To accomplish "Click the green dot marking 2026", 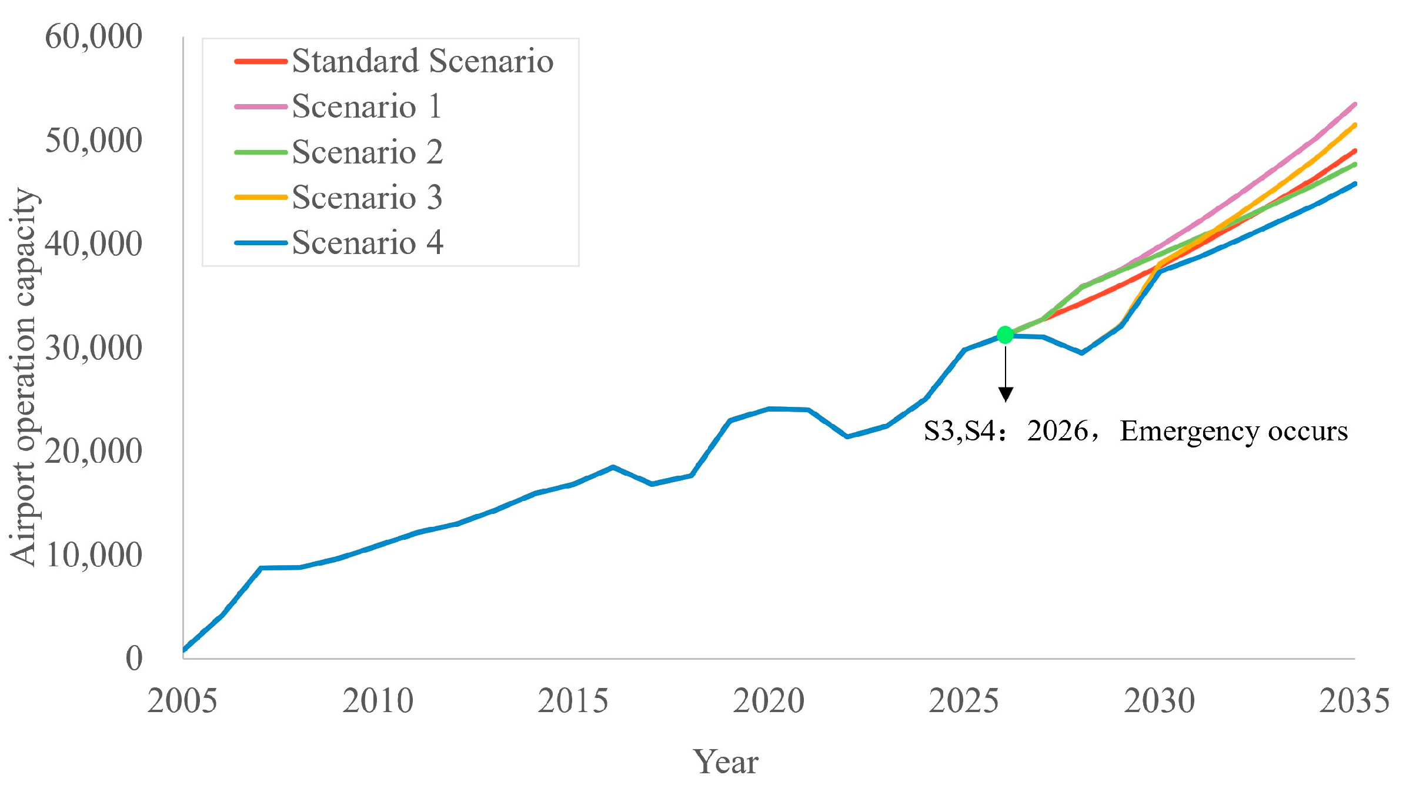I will coord(1006,335).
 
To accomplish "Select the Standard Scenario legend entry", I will coord(422,61).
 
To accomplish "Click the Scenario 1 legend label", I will coord(366,106).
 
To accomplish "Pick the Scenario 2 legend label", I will coord(367,152).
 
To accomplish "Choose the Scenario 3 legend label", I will coord(367,197).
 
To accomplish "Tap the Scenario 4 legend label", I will coord(367,242).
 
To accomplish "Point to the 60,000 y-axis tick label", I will coord(93,36).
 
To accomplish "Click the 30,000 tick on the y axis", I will coord(93,348).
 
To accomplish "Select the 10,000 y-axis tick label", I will coord(93,554).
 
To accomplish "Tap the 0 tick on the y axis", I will coord(134,658).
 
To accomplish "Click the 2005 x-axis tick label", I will coord(182,701).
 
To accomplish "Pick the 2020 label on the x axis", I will coord(769,701).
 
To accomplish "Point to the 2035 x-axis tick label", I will coord(1354,701).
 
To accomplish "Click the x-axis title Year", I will coord(726,762).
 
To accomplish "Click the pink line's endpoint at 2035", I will coord(1354,105).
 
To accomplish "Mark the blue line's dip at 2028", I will coord(1081,353).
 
